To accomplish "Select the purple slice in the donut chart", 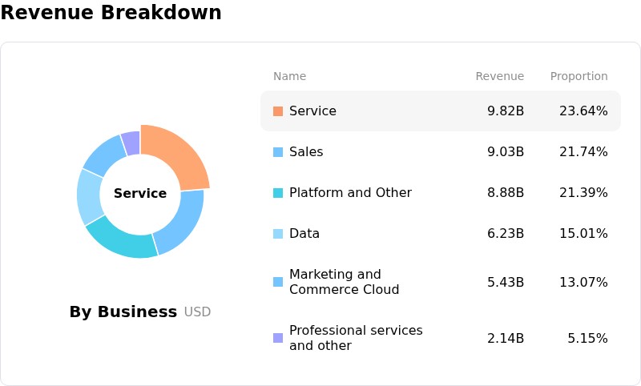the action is pos(131,143).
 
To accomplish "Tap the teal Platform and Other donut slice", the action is pos(122,239).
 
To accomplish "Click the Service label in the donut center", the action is pos(140,193).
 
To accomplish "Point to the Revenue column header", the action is pos(499,76).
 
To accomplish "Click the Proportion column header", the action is pos(579,76).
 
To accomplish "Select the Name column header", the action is pos(289,76).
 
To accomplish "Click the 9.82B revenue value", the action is pos(506,111).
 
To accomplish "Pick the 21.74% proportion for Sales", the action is pos(583,152).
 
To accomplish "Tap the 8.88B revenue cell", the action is pos(506,193).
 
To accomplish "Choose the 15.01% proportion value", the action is pos(583,234).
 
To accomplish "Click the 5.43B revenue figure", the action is pos(506,282).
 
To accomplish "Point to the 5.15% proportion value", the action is pos(587,338).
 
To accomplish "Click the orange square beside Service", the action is pos(278,111).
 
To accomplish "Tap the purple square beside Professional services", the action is pos(278,338).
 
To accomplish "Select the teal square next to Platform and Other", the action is pos(278,193).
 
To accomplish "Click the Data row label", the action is pos(304,234).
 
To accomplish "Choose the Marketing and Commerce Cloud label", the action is pos(345,282).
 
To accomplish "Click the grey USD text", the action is pos(197,312).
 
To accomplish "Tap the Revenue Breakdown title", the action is pos(111,12).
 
